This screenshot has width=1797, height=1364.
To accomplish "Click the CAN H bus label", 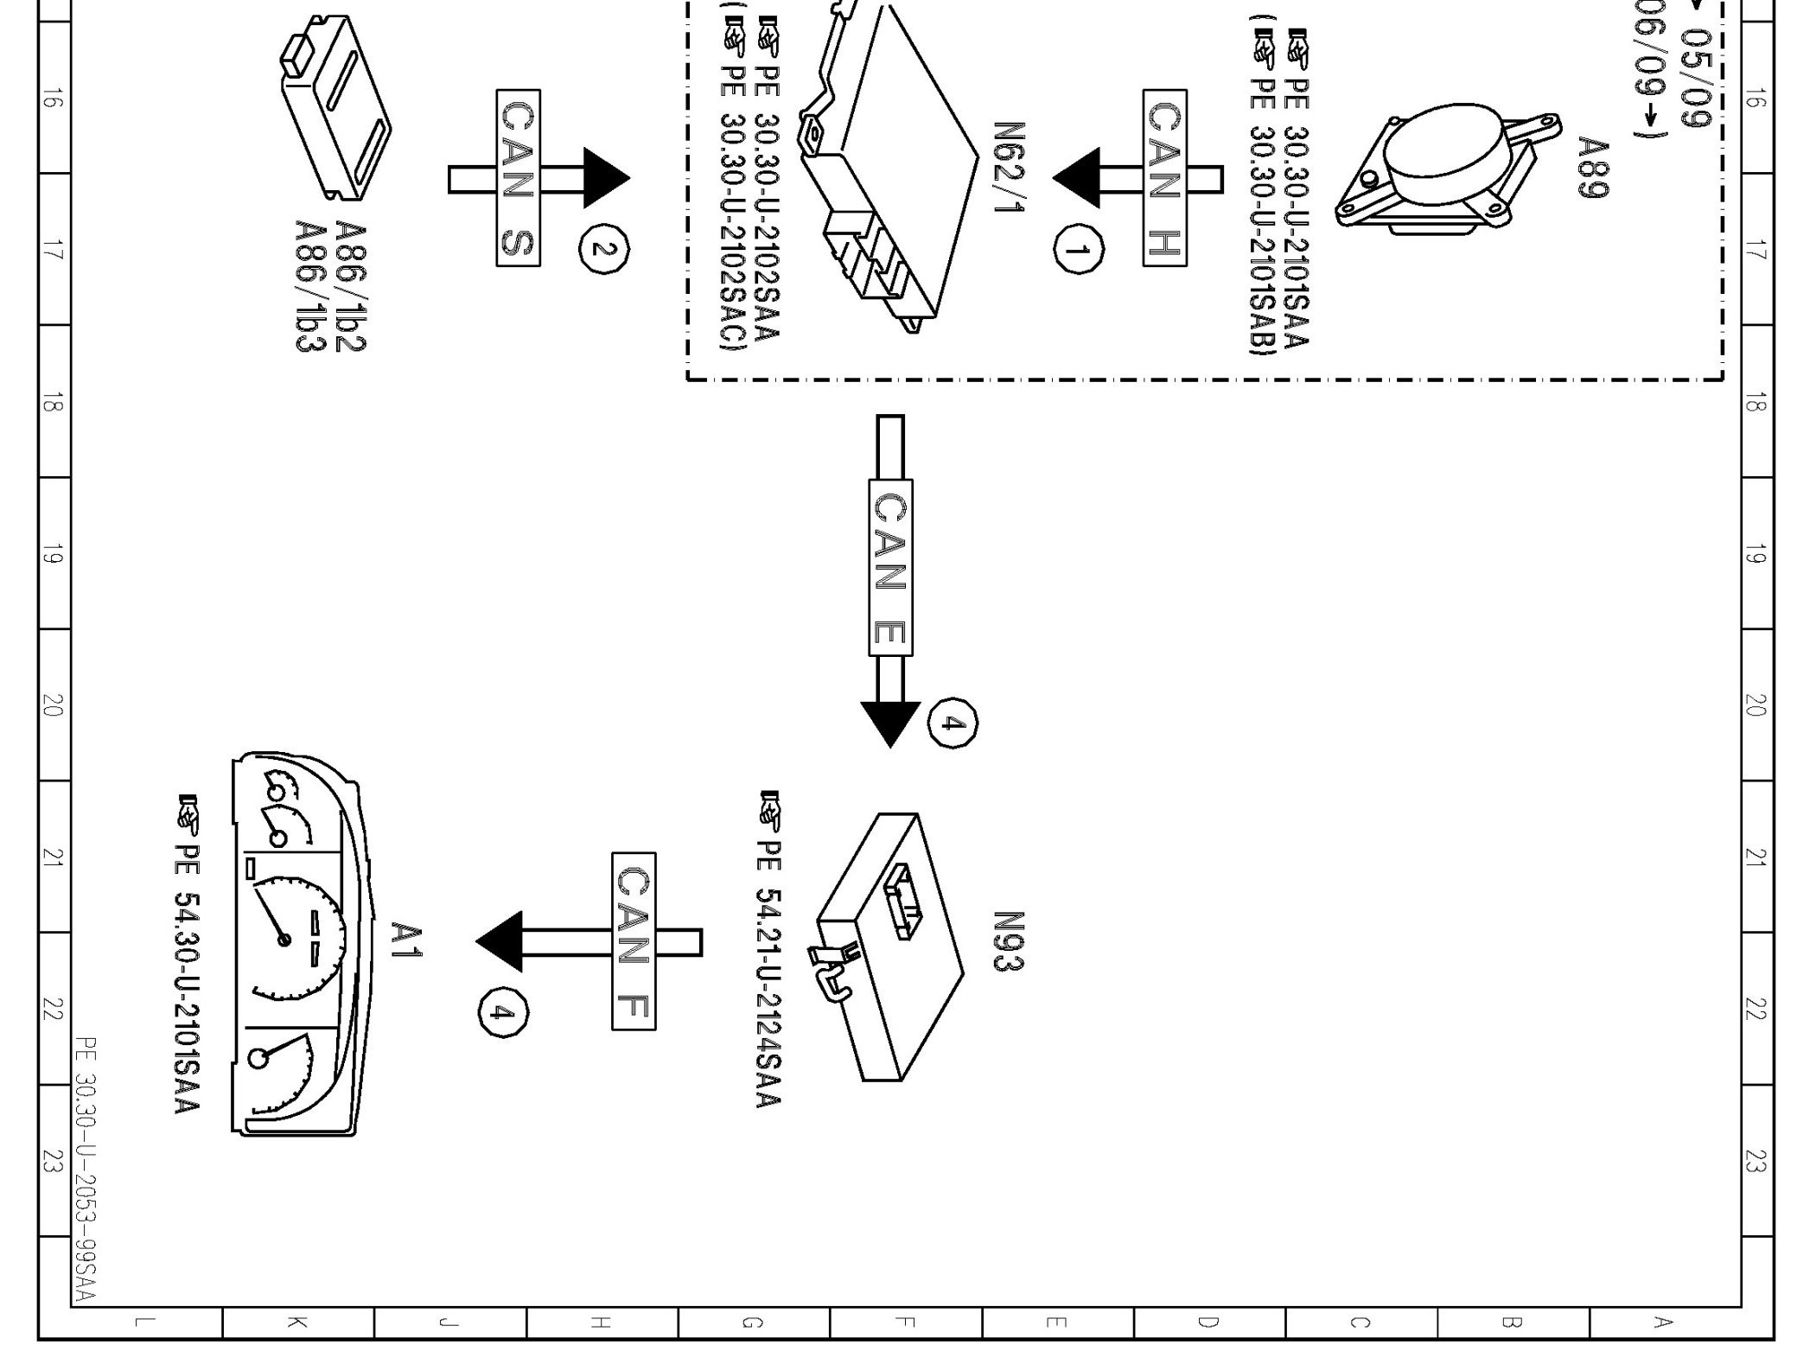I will (1163, 178).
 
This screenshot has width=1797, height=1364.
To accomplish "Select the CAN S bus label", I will (518, 178).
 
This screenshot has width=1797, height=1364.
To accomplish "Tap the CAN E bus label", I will (890, 567).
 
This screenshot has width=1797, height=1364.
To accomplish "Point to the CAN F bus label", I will (634, 941).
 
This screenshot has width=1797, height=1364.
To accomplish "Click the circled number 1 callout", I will (1078, 249).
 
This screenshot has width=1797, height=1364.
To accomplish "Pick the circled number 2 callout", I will (604, 249).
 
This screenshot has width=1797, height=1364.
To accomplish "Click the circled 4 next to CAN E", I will (953, 723).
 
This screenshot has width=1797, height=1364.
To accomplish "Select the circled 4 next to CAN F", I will (503, 1012).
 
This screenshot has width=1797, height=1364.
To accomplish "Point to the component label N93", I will (1008, 941).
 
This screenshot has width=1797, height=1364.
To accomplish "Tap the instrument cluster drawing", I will (298, 942).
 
